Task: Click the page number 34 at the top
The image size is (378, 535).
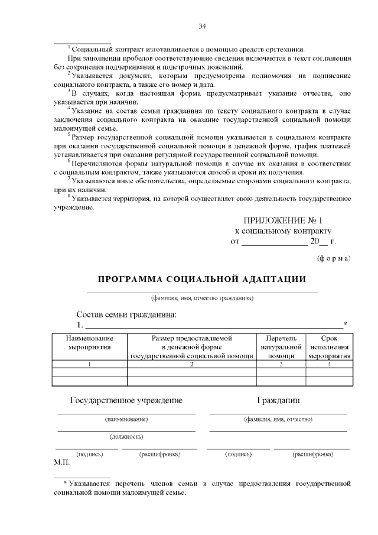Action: click(x=202, y=26)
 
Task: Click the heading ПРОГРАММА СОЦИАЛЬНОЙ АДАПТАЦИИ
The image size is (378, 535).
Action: click(x=202, y=278)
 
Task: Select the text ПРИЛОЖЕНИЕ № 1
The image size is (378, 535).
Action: click(x=283, y=220)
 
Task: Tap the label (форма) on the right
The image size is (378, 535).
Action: click(x=334, y=258)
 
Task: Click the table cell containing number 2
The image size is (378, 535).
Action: click(x=192, y=364)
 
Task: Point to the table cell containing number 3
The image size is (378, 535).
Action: click(x=281, y=364)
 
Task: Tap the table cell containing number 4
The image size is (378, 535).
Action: click(x=329, y=364)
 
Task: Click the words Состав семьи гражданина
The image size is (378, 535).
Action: click(x=126, y=314)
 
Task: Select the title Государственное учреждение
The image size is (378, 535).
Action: click(x=126, y=400)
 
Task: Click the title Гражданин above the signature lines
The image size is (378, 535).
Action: click(x=278, y=400)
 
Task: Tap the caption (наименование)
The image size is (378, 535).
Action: click(x=126, y=419)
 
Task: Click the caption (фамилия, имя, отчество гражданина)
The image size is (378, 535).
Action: click(x=202, y=298)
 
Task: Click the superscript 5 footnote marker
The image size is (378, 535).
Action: click(x=69, y=134)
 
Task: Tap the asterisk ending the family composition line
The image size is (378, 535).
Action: click(x=346, y=325)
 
